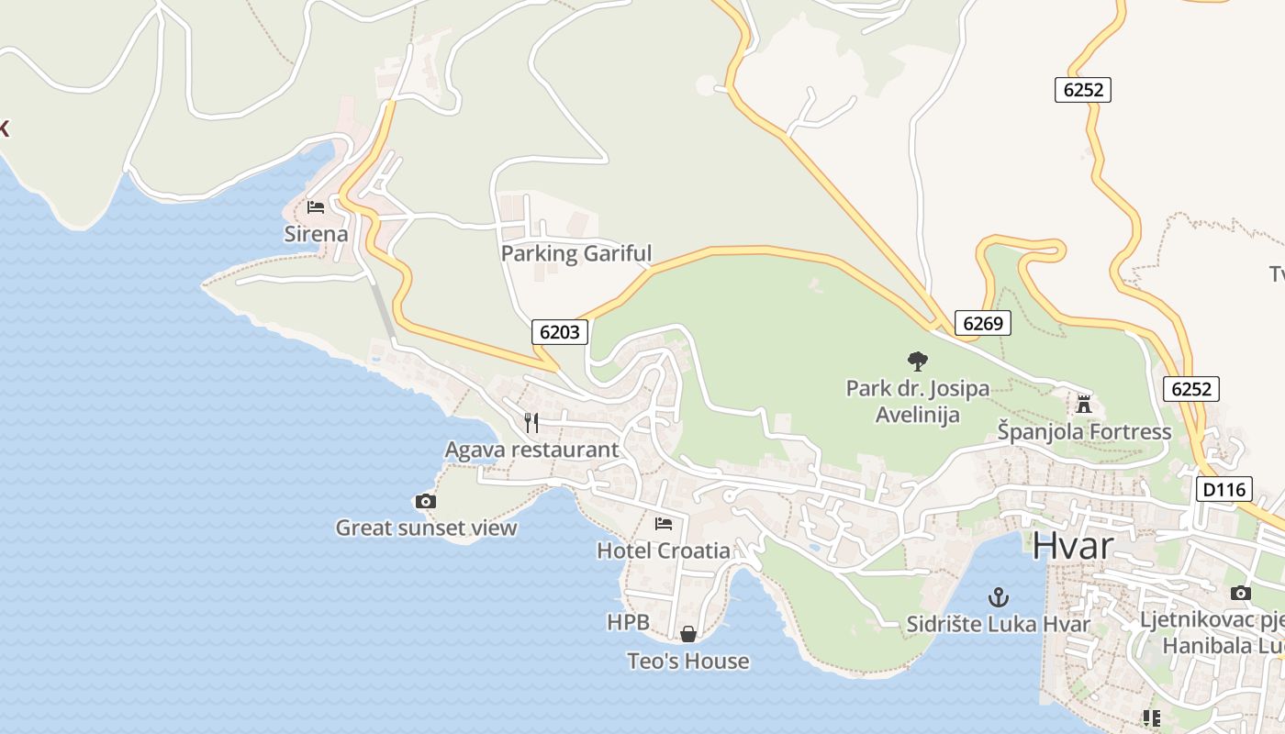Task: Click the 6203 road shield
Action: tap(560, 332)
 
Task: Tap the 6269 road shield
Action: tap(983, 323)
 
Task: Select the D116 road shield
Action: tap(1224, 490)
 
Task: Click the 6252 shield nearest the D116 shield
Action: tap(1191, 389)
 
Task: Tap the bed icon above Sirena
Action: tap(316, 206)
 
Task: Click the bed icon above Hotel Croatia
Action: tap(664, 524)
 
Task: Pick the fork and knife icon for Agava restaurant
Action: tap(531, 422)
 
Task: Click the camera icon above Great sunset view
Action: tap(426, 501)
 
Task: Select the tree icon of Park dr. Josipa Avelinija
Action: tap(917, 361)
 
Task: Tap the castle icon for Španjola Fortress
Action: tap(1084, 404)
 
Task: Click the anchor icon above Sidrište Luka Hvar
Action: tap(999, 597)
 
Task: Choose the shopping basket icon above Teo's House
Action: tap(687, 634)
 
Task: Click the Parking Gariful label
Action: tap(576, 253)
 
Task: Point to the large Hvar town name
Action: tap(1073, 546)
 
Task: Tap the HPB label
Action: tap(629, 622)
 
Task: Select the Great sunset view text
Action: tap(426, 528)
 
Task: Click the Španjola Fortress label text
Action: tap(1084, 431)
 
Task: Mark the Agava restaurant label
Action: tap(531, 450)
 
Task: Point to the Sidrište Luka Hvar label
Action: tap(999, 624)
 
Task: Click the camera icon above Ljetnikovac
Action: tap(1241, 594)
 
